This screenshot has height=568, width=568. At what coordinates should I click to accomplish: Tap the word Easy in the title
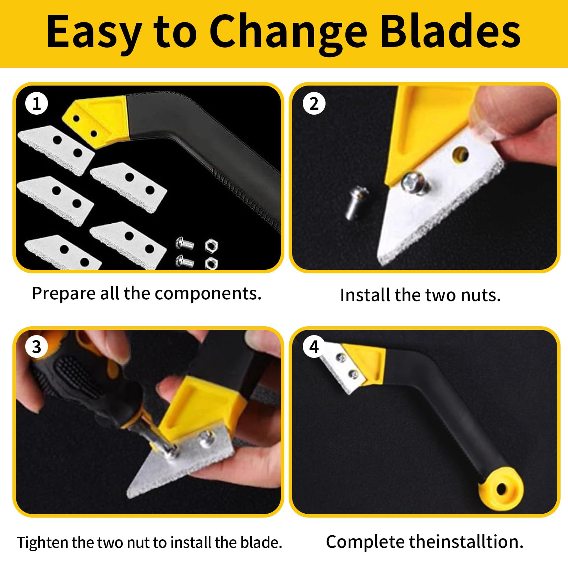tap(94, 33)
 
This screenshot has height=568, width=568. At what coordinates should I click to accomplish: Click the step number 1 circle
tap(37, 104)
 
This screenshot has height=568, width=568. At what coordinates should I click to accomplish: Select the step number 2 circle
tap(314, 104)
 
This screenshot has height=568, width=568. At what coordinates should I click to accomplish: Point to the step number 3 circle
tap(37, 347)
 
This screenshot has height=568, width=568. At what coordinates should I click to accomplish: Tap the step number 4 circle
tap(314, 347)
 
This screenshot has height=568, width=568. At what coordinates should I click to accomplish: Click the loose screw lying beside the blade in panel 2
tap(355, 203)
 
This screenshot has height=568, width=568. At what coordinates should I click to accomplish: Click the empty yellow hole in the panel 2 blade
tap(460, 154)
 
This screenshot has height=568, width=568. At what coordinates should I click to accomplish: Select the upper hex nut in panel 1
tap(211, 245)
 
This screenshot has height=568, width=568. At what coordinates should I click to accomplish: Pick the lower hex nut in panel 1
tap(211, 263)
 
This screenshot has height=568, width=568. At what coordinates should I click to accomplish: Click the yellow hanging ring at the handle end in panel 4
tap(501, 490)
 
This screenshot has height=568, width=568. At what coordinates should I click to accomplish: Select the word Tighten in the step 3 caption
tap(43, 542)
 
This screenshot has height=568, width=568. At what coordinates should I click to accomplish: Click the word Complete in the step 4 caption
tap(366, 542)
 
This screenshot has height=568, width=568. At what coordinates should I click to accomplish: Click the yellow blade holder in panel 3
tap(199, 408)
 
